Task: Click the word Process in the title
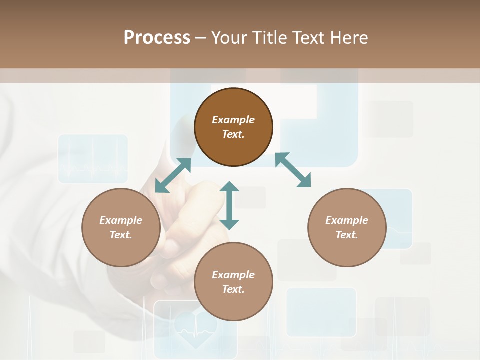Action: tap(157, 37)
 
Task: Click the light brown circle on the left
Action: tap(121, 227)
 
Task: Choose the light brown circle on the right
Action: tap(347, 227)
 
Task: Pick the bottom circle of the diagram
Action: tap(233, 282)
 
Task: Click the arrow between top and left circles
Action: tap(173, 175)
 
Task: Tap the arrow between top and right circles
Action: tap(293, 170)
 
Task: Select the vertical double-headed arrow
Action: tap(229, 205)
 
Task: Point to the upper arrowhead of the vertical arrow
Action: tap(229, 187)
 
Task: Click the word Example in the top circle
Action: tap(233, 120)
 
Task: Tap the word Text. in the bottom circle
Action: tap(233, 289)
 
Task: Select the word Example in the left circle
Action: tap(121, 220)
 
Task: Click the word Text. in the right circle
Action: tap(347, 235)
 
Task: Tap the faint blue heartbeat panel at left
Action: tap(93, 159)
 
